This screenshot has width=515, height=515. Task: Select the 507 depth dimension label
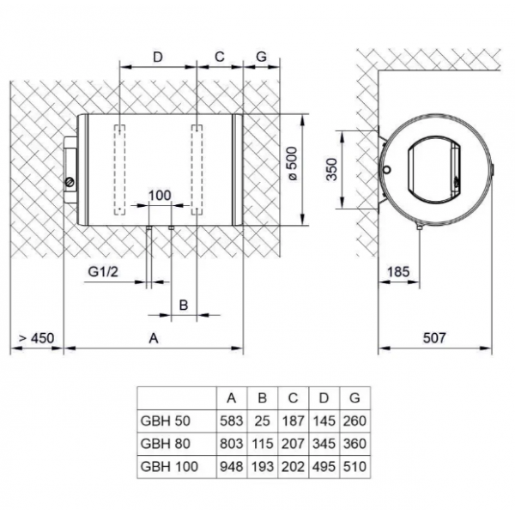[435, 337]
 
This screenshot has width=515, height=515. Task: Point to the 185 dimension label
[398, 271]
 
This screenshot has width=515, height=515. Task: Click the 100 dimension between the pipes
[161, 195]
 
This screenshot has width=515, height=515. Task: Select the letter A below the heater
[154, 337]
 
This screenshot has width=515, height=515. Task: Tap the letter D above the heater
[158, 57]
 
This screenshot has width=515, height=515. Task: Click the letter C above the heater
[220, 57]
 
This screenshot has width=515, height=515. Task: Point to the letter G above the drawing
[260, 57]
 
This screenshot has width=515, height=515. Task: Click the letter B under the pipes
[183, 305]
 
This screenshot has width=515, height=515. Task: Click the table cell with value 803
[231, 444]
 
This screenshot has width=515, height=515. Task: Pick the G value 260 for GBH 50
[354, 421]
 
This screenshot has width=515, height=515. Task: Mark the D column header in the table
[324, 398]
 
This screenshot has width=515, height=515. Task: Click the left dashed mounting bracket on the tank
[120, 169]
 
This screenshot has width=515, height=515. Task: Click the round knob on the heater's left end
[70, 181]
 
